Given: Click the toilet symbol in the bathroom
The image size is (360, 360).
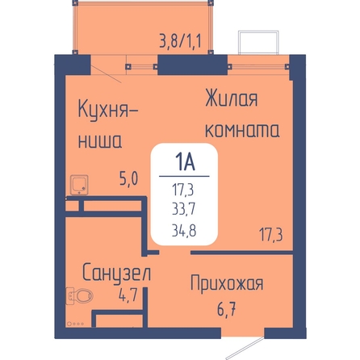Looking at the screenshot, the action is [x=80, y=296].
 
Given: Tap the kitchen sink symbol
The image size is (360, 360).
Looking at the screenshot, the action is [x=79, y=185].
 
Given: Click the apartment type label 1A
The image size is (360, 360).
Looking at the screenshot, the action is [x=185, y=162].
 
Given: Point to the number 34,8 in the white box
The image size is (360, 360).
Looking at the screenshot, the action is [x=184, y=231].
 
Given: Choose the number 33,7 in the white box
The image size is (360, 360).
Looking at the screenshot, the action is [x=184, y=209].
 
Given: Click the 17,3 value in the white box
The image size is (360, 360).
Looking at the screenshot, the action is [x=183, y=190].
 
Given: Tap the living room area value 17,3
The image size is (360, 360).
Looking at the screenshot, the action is [x=271, y=235].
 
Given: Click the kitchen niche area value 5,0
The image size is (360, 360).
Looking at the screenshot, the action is [x=129, y=178].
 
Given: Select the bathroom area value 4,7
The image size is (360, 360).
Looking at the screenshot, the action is [x=128, y=295].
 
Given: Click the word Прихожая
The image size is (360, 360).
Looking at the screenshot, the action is [x=227, y=283].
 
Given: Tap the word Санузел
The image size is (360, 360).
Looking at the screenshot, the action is [x=116, y=273].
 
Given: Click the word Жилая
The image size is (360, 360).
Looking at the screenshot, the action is [x=232, y=98].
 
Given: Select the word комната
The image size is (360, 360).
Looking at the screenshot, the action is [x=242, y=131].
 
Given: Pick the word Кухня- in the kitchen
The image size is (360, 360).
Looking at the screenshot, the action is [x=108, y=111].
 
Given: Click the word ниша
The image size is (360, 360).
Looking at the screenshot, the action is [x=100, y=141].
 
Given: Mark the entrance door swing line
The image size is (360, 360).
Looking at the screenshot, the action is [x=245, y=348].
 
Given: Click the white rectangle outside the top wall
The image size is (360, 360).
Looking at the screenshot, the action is [x=258, y=43].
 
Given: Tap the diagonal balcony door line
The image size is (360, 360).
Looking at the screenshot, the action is [x=106, y=73].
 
